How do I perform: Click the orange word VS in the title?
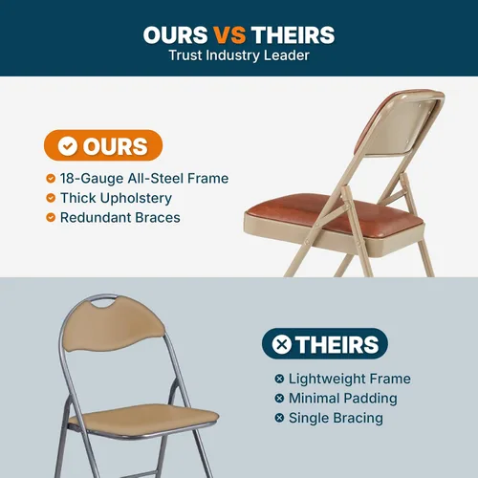(229, 34)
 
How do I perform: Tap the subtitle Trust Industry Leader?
(239, 55)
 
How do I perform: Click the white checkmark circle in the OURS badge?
(68, 146)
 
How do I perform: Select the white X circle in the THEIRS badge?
(282, 344)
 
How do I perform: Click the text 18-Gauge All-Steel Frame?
(144, 179)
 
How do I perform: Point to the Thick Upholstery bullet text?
(116, 199)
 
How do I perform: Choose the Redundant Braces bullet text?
(120, 218)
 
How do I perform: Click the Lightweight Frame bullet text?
(350, 380)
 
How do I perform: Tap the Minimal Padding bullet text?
(343, 399)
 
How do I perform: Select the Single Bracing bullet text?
(336, 419)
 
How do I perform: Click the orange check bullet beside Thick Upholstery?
(51, 198)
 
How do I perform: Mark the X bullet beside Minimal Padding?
(279, 399)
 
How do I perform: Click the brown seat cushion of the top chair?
(332, 214)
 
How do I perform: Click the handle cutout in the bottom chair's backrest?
(103, 302)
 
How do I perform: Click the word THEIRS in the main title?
(293, 34)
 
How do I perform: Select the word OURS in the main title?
(176, 34)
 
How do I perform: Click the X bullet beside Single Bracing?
(279, 418)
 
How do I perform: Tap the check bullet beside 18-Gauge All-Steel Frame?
(51, 178)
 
